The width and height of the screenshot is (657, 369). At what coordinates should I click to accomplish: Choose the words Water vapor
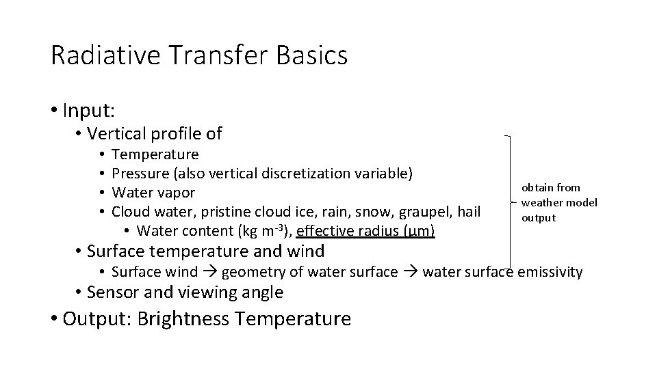(153, 193)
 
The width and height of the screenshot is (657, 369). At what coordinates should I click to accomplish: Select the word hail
(467, 212)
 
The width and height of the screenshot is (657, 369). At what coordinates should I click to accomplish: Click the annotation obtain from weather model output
(558, 202)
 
